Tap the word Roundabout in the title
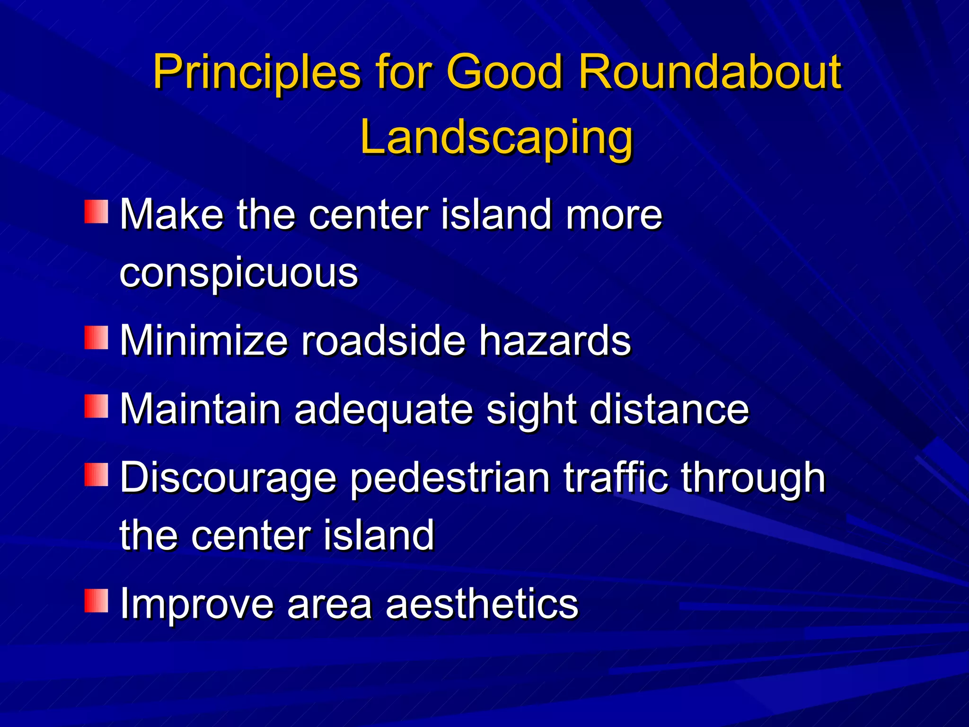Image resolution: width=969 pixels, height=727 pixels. click(x=709, y=72)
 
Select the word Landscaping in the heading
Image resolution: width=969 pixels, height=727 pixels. click(x=496, y=139)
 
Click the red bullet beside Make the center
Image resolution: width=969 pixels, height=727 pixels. click(x=97, y=212)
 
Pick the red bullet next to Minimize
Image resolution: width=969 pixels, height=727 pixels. click(x=97, y=337)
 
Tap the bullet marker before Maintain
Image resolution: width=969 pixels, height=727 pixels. click(x=97, y=406)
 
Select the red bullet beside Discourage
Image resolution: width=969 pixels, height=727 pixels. click(x=97, y=475)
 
